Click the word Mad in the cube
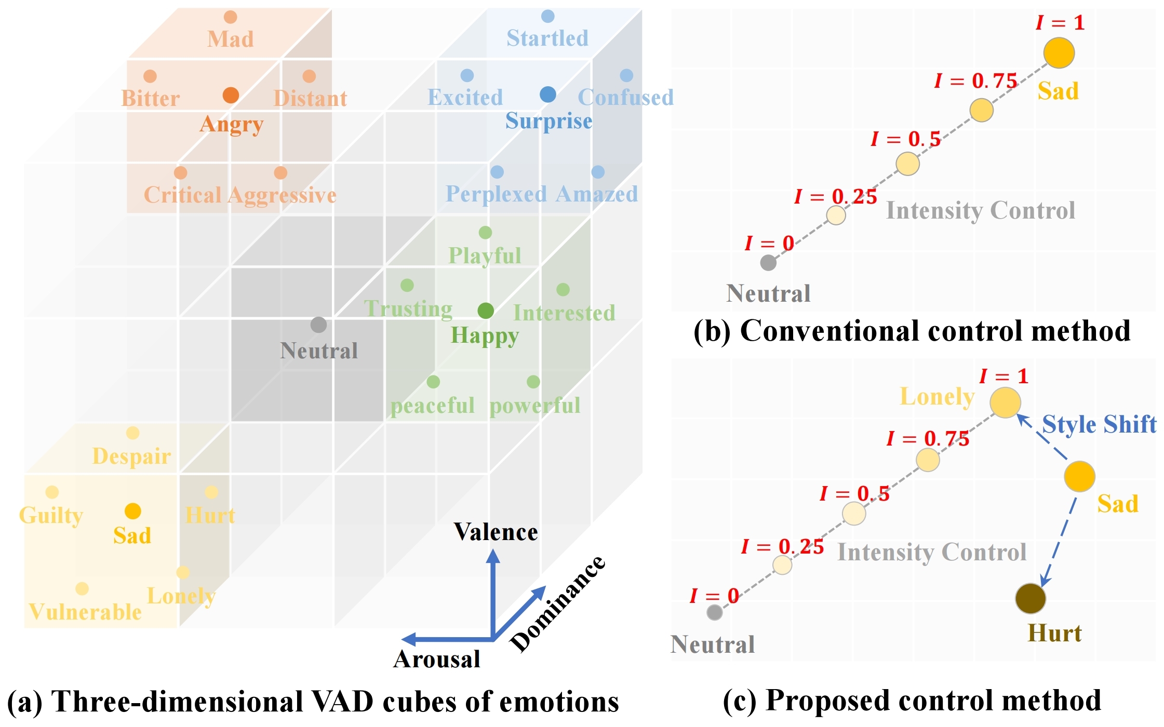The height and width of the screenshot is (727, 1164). (x=231, y=39)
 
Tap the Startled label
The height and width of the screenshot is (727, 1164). (x=547, y=38)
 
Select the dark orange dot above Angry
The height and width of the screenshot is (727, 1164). (x=231, y=95)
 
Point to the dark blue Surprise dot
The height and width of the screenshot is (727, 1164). (x=548, y=95)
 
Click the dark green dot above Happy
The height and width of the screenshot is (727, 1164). (x=486, y=311)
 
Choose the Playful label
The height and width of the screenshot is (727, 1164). (x=485, y=255)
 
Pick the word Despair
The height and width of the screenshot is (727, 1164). (x=131, y=456)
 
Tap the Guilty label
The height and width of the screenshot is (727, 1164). (x=51, y=516)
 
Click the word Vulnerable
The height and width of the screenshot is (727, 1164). (x=85, y=612)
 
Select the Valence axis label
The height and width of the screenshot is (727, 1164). (x=496, y=532)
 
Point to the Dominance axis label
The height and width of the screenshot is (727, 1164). (x=558, y=603)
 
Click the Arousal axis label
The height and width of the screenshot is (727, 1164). (x=437, y=659)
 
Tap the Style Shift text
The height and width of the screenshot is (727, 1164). (x=1099, y=424)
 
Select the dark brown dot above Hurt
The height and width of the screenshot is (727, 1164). (x=1031, y=598)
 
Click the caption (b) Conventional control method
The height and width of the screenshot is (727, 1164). (x=912, y=331)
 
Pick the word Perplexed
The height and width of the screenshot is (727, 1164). (x=496, y=194)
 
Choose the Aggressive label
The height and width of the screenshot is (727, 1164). (x=282, y=196)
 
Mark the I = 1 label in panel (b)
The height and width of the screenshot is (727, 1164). (x=1060, y=23)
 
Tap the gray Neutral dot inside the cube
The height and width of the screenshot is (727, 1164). (x=318, y=325)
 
